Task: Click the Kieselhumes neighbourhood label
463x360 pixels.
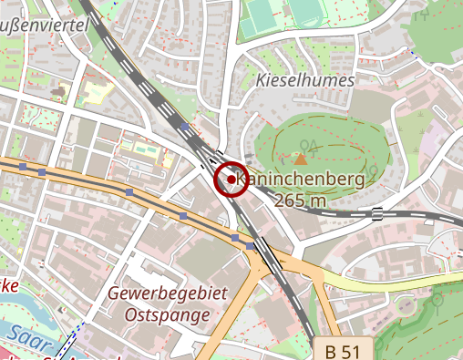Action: pyautogui.click(x=304, y=79)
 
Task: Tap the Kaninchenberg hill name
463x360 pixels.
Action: pyautogui.click(x=301, y=180)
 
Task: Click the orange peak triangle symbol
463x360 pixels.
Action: pyautogui.click(x=301, y=159)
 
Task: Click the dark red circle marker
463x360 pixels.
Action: pyautogui.click(x=231, y=180)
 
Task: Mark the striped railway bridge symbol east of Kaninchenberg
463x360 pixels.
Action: pyautogui.click(x=376, y=214)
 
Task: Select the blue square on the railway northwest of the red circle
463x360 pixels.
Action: pyautogui.click(x=184, y=128)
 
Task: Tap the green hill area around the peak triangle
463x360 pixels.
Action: pyautogui.click(x=337, y=146)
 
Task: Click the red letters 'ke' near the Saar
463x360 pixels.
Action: pyautogui.click(x=9, y=284)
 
